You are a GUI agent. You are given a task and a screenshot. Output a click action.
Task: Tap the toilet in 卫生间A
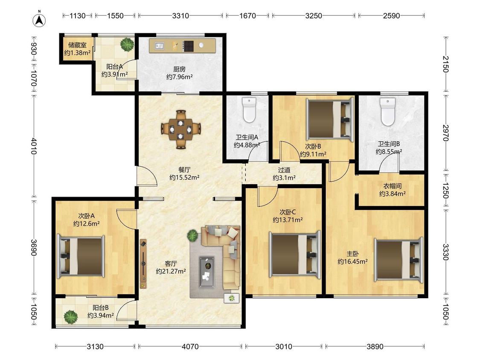(249, 110)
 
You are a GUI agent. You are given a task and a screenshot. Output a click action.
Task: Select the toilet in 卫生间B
(387, 112)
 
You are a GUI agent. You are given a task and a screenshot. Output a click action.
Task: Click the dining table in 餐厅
(180, 129)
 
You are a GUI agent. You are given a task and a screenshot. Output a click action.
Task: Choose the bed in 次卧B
(329, 119)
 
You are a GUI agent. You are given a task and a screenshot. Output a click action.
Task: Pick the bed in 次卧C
(295, 254)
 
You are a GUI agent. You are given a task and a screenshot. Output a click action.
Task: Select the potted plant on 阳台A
(127, 44)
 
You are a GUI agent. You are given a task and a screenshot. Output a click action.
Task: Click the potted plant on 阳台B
(71, 316)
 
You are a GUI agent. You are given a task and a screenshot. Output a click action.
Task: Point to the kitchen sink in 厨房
(159, 46)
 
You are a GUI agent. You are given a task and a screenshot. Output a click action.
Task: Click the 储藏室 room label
(78, 45)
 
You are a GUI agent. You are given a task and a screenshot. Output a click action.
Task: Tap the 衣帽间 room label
(393, 186)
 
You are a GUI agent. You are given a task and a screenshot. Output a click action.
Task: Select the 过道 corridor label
(284, 170)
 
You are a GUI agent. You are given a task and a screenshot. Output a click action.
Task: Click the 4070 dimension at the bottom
(190, 346)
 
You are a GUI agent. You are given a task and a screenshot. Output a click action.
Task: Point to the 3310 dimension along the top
(180, 16)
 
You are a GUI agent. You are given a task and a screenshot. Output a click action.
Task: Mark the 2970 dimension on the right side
(445, 133)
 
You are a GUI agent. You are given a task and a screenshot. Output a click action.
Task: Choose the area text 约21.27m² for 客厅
(171, 271)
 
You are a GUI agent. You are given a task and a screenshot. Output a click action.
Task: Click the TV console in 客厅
(143, 264)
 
